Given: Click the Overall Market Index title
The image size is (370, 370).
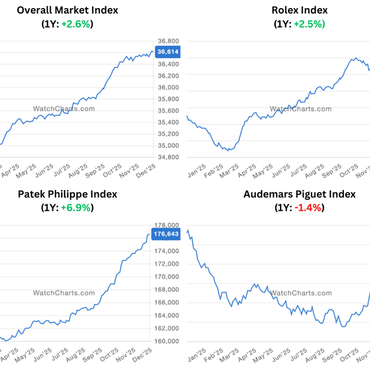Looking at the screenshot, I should coord(68,10).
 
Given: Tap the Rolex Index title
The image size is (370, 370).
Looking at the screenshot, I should coord(300,10).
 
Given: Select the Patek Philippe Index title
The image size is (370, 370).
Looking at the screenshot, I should coord(68,194).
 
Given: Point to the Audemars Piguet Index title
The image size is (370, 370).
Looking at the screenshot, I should coord(300,194).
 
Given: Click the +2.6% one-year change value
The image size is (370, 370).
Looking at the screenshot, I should coord(76,24).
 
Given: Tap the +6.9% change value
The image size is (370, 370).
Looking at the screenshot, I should coord(76,208).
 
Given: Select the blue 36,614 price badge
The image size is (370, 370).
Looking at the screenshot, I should coord(168,52).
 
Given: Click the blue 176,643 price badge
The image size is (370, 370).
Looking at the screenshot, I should coord(166,234).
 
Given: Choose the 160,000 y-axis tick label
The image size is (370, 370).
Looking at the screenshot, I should coord(166,342).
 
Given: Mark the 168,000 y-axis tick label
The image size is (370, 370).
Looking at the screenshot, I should coord(166,290).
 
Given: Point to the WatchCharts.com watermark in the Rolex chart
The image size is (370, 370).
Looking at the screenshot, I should coord(300,109).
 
